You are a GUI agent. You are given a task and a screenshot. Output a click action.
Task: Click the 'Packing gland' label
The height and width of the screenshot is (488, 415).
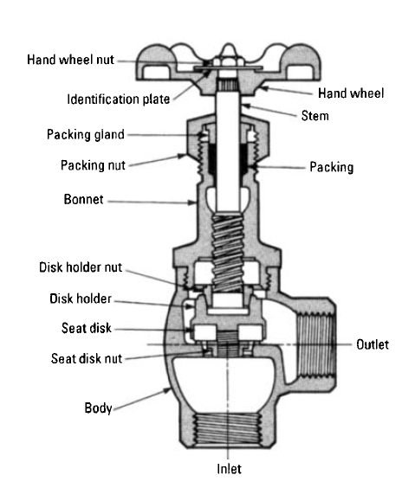coord(86,134)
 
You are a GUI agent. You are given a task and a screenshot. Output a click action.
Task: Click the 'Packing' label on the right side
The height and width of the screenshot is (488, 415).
coord(331,167)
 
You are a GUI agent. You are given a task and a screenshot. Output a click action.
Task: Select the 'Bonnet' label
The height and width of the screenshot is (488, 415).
coord(82,199)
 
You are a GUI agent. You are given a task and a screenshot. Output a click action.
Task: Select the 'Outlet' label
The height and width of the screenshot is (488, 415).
coord(373,344)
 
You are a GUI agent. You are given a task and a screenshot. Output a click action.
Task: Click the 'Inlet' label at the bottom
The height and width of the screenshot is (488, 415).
coord(229,470)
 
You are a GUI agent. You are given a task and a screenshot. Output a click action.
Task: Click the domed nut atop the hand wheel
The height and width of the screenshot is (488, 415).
coord(227,59)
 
